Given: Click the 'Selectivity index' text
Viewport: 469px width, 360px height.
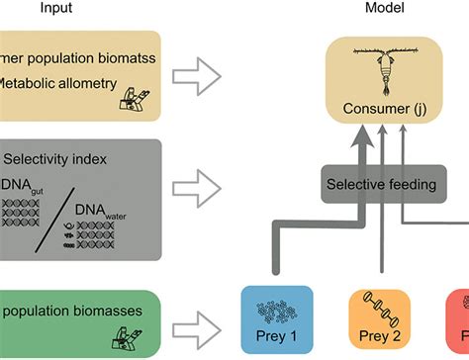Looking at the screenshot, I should (x=54, y=157).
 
